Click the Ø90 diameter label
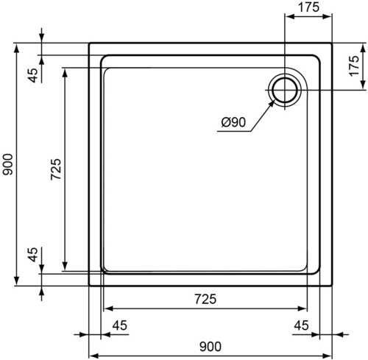tap(233, 122)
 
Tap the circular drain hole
tap(285, 90)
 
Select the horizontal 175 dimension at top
tap(308, 7)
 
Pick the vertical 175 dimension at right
tap(354, 66)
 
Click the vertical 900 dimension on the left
tap(7, 164)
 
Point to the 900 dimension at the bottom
tap(210, 347)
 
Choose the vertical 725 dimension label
tap(56, 169)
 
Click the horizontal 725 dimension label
tap(205, 299)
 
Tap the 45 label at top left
tap(33, 75)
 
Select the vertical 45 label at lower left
tap(33, 255)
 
